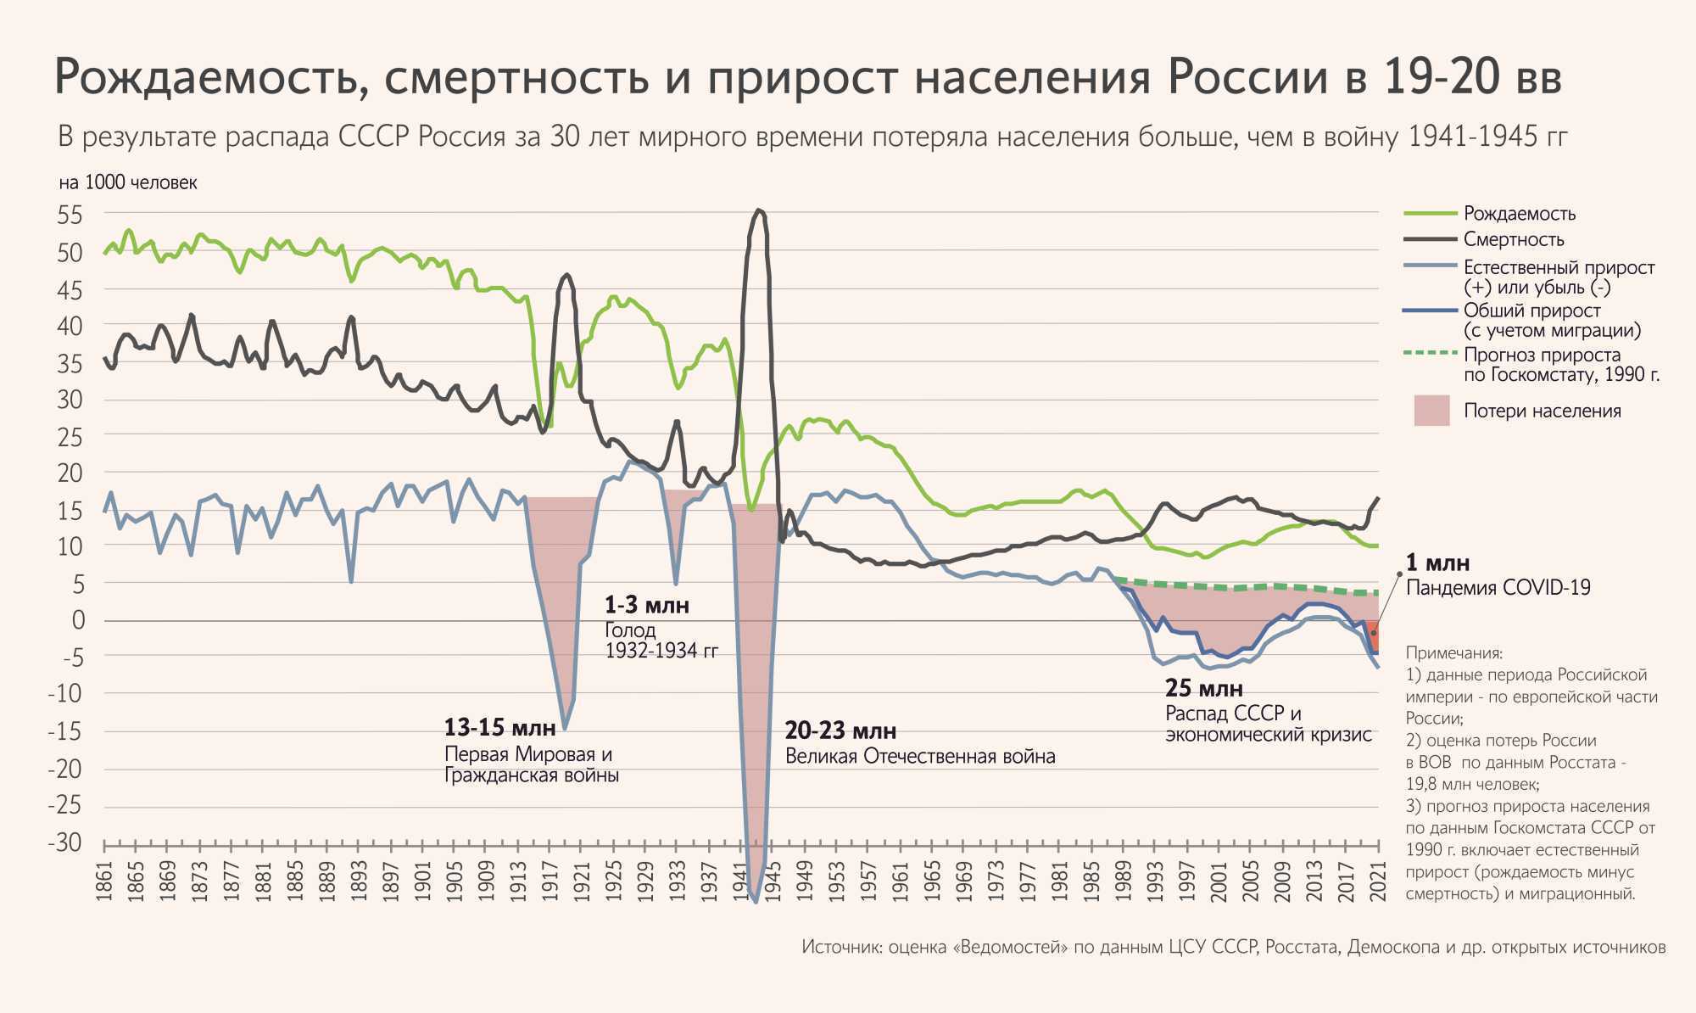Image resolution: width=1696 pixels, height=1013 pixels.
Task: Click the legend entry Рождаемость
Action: coord(1519,214)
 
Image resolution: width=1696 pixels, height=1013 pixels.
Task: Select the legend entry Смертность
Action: coord(1514,240)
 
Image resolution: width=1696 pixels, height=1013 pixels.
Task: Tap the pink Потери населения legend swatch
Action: coord(1431,411)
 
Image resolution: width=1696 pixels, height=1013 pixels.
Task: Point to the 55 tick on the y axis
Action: coord(70,215)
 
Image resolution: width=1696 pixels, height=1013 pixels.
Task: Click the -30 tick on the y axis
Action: coord(65,842)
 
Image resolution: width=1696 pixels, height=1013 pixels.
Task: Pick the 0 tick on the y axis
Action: coord(78,620)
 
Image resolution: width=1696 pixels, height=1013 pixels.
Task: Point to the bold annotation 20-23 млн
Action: coord(840,730)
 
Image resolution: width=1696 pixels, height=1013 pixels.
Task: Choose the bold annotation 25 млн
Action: coord(1203,688)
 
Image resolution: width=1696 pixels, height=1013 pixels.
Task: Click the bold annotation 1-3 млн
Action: coord(646,606)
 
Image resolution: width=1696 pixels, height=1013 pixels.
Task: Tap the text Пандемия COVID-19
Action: coord(1498,588)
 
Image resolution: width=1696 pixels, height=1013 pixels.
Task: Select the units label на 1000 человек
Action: coord(128,183)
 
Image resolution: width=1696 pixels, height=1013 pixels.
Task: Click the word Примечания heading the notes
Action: coord(1453,653)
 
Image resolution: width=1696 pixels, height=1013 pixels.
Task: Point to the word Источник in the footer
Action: coord(840,947)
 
